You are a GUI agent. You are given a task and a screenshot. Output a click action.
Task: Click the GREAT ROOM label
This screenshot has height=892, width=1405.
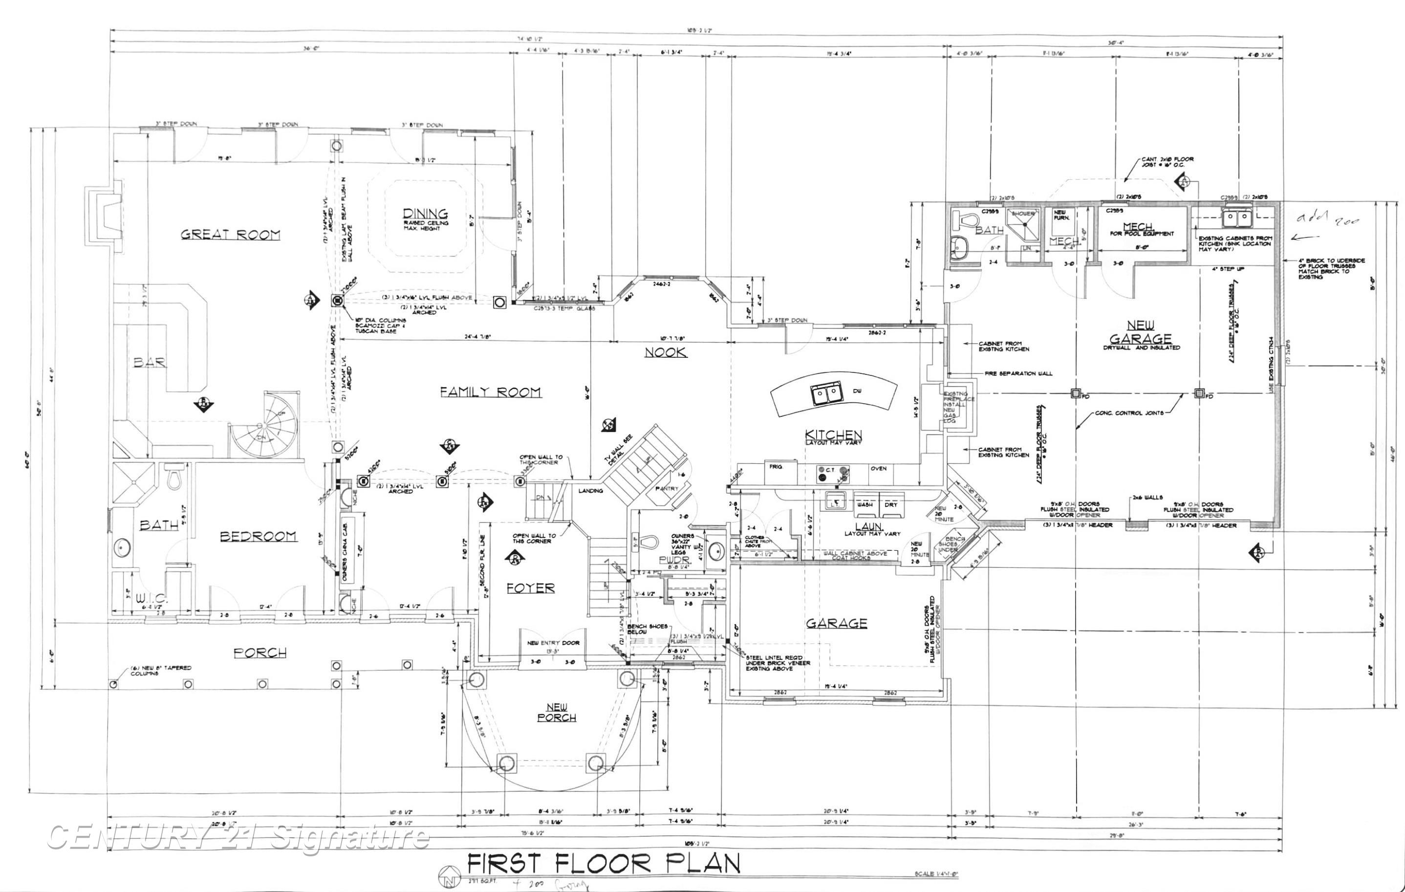230,235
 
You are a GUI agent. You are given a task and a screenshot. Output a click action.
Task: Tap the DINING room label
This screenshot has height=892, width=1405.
425,214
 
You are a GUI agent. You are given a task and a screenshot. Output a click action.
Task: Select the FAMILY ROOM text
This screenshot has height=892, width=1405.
490,392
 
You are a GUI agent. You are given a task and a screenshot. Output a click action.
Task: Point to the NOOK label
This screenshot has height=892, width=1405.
665,352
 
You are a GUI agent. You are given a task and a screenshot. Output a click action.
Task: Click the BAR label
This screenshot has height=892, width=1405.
150,362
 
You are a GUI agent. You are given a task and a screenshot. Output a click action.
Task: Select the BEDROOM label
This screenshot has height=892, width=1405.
258,536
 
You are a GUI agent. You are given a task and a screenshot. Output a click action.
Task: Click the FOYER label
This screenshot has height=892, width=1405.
530,588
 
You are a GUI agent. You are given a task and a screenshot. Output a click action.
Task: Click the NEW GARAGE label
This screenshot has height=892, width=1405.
1140,332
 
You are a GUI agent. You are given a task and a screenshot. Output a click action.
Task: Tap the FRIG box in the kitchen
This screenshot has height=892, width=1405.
776,467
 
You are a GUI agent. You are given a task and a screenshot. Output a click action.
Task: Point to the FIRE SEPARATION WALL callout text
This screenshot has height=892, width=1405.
1018,373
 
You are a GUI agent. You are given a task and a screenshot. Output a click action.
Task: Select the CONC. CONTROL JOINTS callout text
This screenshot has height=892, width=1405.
1129,413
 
